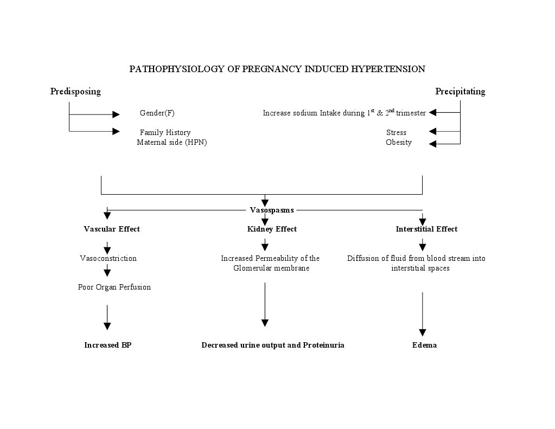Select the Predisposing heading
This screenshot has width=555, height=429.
(75, 91)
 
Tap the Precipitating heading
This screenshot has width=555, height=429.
(460, 91)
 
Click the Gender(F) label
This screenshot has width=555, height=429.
(157, 113)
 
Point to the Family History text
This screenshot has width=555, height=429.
(165, 132)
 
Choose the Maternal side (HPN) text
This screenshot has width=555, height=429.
(171, 142)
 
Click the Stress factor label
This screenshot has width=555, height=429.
(396, 132)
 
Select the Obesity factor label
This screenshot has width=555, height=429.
(398, 142)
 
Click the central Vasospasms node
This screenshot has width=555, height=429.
(271, 210)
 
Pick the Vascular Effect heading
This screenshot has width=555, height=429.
(112, 229)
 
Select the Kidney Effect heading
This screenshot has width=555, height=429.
(272, 229)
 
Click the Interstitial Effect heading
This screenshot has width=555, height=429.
(426, 229)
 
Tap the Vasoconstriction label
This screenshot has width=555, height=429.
(108, 258)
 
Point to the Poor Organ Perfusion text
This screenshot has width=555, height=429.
(114, 287)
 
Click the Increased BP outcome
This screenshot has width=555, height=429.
(107, 345)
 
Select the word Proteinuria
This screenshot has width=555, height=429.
(323, 345)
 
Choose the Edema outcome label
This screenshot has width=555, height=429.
(424, 345)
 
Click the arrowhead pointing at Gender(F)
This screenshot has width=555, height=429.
(116, 114)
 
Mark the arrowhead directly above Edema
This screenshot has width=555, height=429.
(423, 332)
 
